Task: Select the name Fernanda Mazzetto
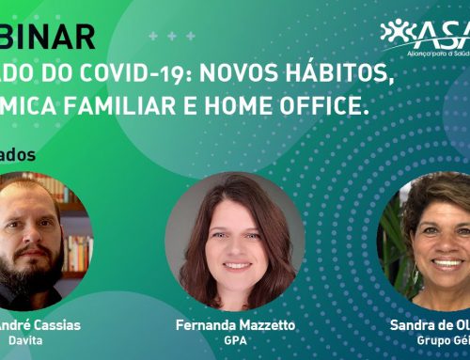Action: (235, 324)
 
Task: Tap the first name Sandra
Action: (415, 324)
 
